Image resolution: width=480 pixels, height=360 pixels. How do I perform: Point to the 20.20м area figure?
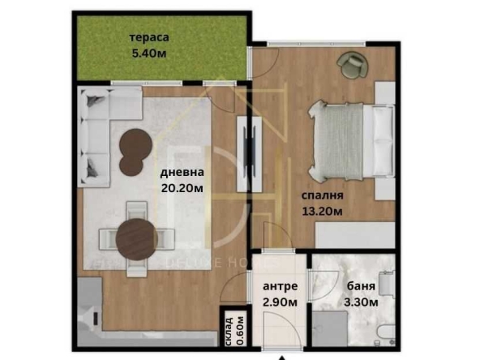pyautogui.click(x=180, y=188)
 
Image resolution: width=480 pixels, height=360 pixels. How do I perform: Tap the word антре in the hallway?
pyautogui.click(x=280, y=287)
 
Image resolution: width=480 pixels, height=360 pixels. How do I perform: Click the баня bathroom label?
pyautogui.click(x=350, y=287)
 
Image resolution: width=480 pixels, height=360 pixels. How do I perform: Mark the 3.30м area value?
pyautogui.click(x=350, y=303)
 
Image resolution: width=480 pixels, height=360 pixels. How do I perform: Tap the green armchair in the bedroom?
pyautogui.click(x=352, y=63)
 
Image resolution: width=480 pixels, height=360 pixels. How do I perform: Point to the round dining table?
pyautogui.click(x=136, y=238)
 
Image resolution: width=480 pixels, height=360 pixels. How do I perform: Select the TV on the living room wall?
pyautogui.click(x=248, y=143)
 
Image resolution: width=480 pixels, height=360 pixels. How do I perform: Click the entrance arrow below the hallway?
pyautogui.click(x=281, y=356)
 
